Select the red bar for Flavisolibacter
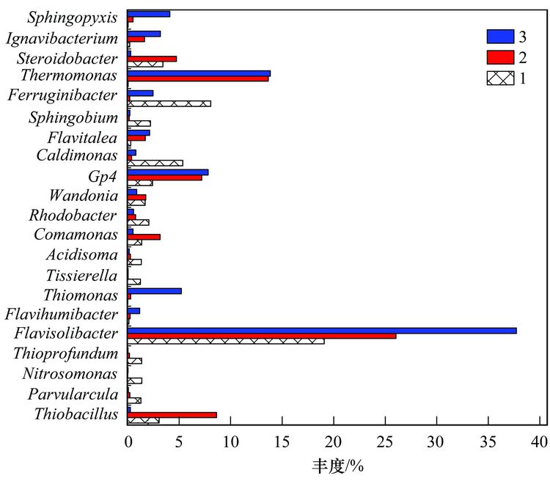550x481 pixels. [261, 336]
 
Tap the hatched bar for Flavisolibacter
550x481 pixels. [225, 341]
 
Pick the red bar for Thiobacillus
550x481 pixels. [172, 415]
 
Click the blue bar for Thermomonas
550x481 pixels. [198, 73]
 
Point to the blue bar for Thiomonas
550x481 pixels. [154, 291]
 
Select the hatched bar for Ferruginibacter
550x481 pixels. [169, 103]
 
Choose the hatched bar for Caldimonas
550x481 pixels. [155, 163]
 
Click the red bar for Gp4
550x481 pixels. [164, 177]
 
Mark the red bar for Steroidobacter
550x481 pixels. [152, 59]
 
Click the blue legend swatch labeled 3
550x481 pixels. [500, 37]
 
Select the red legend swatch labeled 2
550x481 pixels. [500, 57]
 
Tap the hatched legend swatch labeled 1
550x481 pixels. [500, 78]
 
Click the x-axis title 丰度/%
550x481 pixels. [334, 465]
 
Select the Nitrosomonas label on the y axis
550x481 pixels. [70, 374]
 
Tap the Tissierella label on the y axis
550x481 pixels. [81, 276]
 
